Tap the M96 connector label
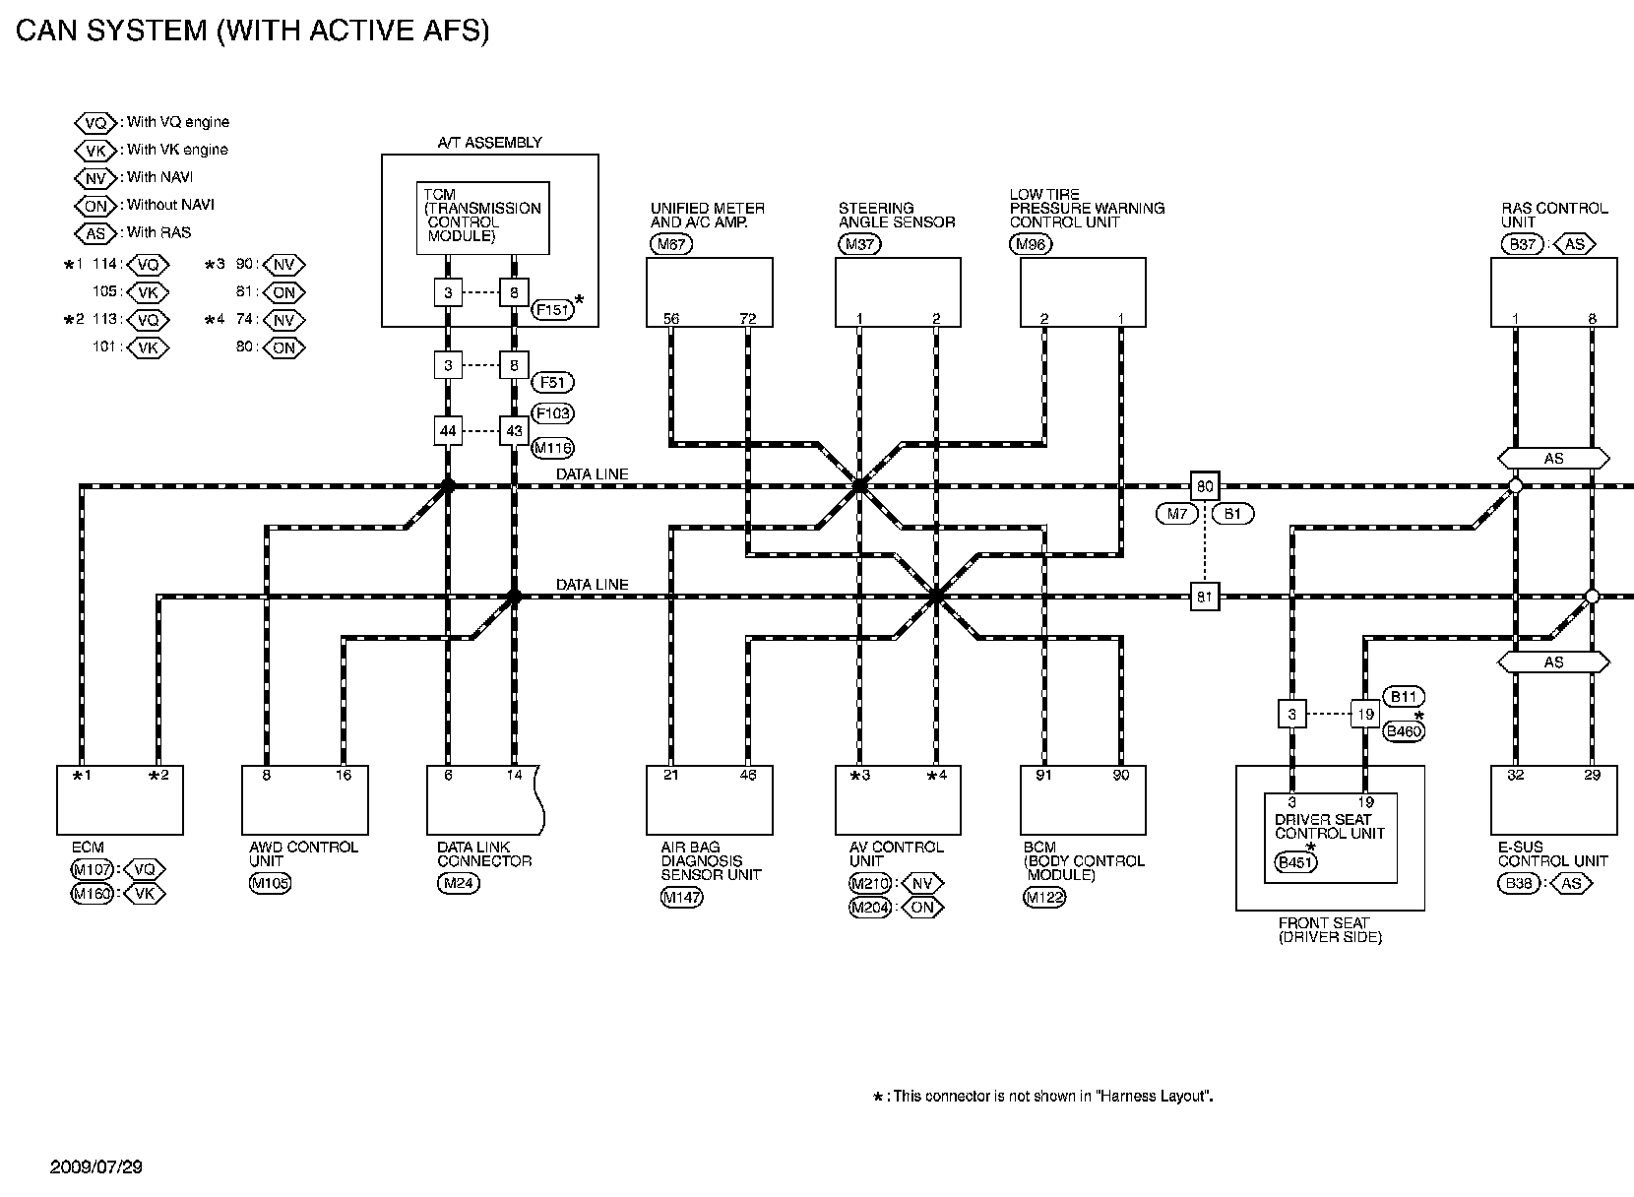pos(1031,245)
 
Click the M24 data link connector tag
pos(458,883)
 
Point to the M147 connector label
pos(681,897)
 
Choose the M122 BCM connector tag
pos(1044,897)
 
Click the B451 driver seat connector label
pos(1296,862)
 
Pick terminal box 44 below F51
pos(448,431)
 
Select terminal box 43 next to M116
pos(514,431)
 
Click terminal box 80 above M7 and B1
pos(1205,486)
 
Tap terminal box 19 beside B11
pos(1364,715)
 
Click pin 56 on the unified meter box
pos(671,318)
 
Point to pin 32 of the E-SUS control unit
pos(1516,776)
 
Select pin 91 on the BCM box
pos(1044,776)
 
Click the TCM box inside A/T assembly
pos(482,218)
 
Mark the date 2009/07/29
pos(96,1167)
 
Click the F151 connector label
pos(552,310)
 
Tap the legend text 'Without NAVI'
pos(170,205)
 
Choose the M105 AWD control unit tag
pos(271,883)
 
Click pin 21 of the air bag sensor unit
pos(671,776)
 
